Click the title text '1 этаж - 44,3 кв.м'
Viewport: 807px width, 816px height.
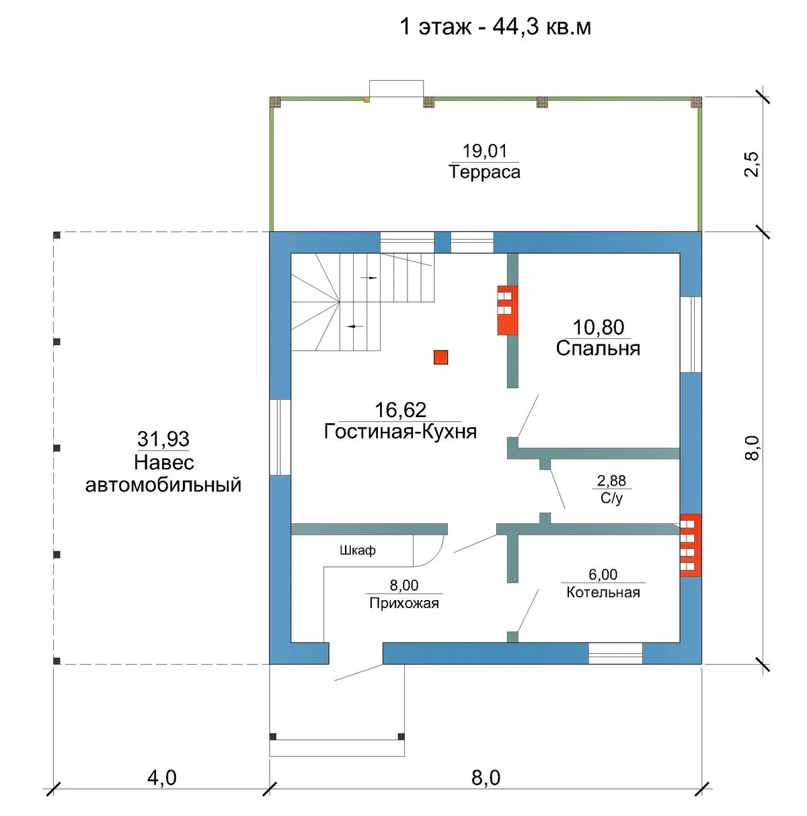pyautogui.click(x=495, y=27)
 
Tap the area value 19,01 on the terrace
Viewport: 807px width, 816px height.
pyautogui.click(x=484, y=151)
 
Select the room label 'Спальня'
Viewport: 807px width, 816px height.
pyautogui.click(x=597, y=348)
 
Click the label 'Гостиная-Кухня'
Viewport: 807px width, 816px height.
pyautogui.click(x=400, y=431)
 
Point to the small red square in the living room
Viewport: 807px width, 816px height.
pyautogui.click(x=440, y=357)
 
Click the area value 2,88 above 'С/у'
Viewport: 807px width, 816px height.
pyautogui.click(x=611, y=480)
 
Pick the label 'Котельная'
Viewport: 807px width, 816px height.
pyautogui.click(x=603, y=592)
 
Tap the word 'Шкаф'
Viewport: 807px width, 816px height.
pyautogui.click(x=357, y=550)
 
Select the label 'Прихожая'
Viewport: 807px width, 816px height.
pyautogui.click(x=404, y=603)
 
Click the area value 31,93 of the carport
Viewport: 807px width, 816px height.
pyautogui.click(x=163, y=439)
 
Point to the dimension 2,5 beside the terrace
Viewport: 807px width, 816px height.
pyautogui.click(x=752, y=164)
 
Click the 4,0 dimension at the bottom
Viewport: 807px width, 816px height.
pyautogui.click(x=162, y=778)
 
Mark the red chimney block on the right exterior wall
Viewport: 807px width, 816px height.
pyautogui.click(x=691, y=545)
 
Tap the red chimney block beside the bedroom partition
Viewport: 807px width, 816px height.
pyautogui.click(x=507, y=310)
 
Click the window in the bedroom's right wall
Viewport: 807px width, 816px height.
pyautogui.click(x=691, y=334)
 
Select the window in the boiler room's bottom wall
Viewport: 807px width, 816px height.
pyautogui.click(x=615, y=653)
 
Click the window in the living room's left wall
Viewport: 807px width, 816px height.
pyautogui.click(x=280, y=437)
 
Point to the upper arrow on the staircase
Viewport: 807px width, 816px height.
pyautogui.click(x=369, y=278)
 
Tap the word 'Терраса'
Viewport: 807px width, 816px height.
pyautogui.click(x=484, y=172)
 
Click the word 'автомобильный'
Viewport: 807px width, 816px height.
pyautogui.click(x=163, y=485)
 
